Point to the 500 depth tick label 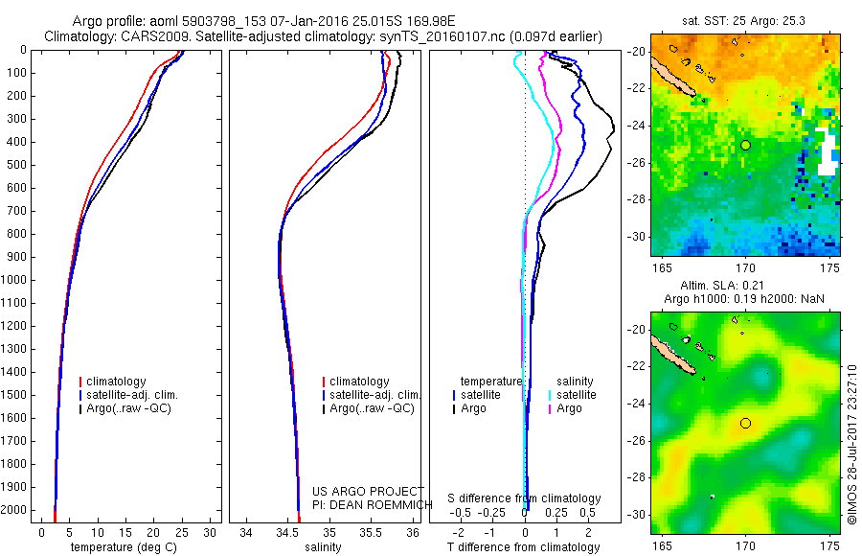[18, 165]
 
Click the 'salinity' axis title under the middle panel [322, 547]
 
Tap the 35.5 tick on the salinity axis [371, 532]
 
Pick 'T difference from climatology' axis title [524, 547]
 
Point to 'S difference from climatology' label [525, 499]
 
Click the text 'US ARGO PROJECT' [354, 492]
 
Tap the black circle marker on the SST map [745, 145]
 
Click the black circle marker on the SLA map [745, 423]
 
